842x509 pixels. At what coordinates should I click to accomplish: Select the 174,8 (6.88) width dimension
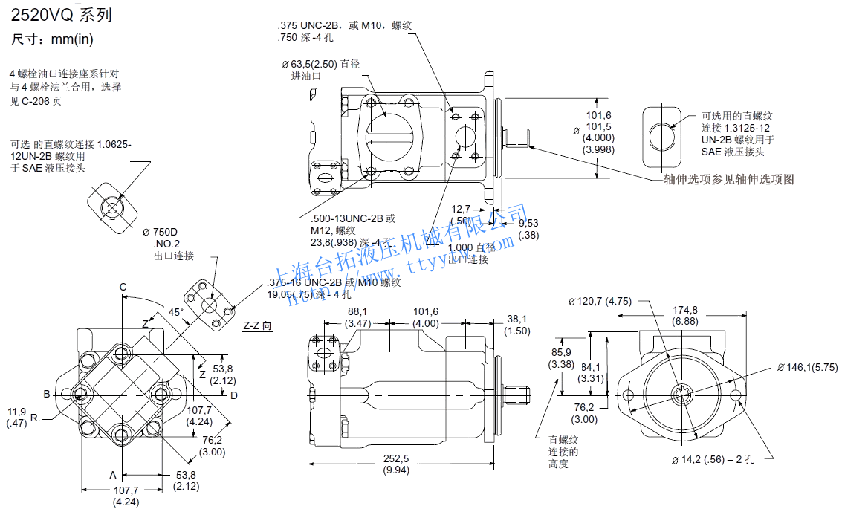pyautogui.click(x=684, y=315)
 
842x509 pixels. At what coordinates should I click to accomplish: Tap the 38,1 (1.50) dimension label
pyautogui.click(x=517, y=325)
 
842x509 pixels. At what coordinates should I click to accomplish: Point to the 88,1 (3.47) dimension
pyautogui.click(x=358, y=317)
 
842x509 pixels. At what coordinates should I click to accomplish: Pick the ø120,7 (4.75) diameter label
pyautogui.click(x=600, y=301)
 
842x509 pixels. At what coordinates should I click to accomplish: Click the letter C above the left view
pyautogui.click(x=123, y=288)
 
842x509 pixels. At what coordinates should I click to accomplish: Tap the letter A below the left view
pyautogui.click(x=114, y=474)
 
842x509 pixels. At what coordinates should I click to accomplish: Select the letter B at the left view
pyautogui.click(x=46, y=394)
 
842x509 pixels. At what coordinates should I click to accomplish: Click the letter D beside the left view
pyautogui.click(x=233, y=395)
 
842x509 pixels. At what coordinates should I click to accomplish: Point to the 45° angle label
pyautogui.click(x=175, y=313)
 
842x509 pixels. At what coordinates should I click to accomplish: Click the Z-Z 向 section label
pyautogui.click(x=258, y=325)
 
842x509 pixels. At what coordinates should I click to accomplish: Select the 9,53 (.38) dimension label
pyautogui.click(x=528, y=229)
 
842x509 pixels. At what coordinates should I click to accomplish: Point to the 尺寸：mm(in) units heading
pyautogui.click(x=52, y=39)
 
